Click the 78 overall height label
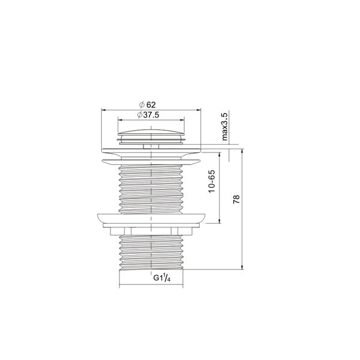click(x=236, y=200)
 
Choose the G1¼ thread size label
click(x=161, y=278)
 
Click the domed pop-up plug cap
click(x=151, y=133)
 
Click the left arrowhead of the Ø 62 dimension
click(x=103, y=110)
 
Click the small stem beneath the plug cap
click(x=151, y=145)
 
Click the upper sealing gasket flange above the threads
click(x=151, y=160)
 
